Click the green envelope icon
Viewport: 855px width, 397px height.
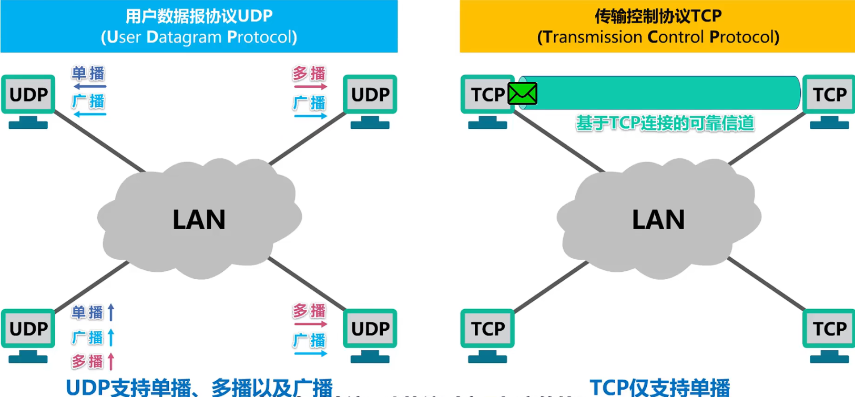(522, 94)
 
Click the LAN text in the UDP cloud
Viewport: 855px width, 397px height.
(199, 220)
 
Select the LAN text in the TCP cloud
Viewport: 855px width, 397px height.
(658, 220)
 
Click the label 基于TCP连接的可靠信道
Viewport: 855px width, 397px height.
(665, 123)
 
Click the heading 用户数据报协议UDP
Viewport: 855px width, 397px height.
(199, 16)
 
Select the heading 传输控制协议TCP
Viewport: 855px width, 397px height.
(658, 16)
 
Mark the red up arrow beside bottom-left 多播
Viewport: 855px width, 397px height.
(111, 361)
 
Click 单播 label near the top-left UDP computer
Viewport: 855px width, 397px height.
(88, 73)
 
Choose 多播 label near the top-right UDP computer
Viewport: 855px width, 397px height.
(309, 73)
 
